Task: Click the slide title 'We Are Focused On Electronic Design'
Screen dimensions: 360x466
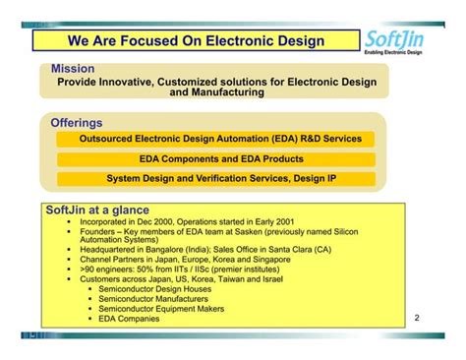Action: pos(197,40)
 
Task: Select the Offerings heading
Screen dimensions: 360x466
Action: pos(76,123)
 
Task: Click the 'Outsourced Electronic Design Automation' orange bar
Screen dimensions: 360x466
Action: pos(213,140)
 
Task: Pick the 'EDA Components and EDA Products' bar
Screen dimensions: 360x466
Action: pos(213,159)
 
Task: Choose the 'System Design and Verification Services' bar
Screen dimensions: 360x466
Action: pos(213,179)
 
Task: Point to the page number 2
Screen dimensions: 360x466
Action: pos(417,318)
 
